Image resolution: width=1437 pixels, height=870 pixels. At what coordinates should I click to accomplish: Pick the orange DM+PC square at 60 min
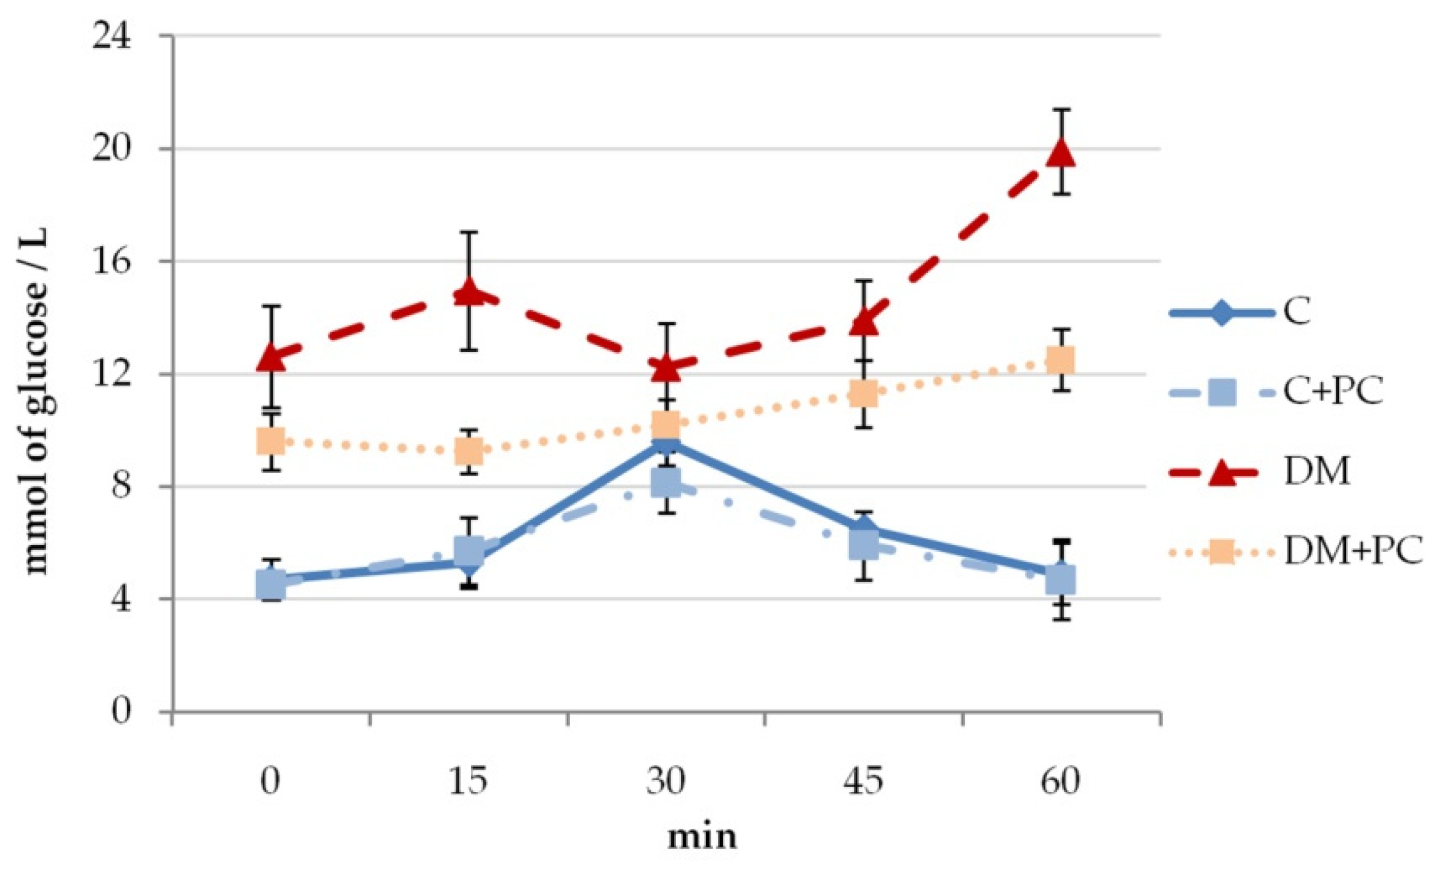pyautogui.click(x=1061, y=360)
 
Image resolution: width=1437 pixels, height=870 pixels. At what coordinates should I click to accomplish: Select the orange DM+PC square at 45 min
pyautogui.click(x=863, y=393)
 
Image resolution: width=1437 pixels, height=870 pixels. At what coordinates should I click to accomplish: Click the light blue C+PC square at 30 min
pyautogui.click(x=666, y=483)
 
